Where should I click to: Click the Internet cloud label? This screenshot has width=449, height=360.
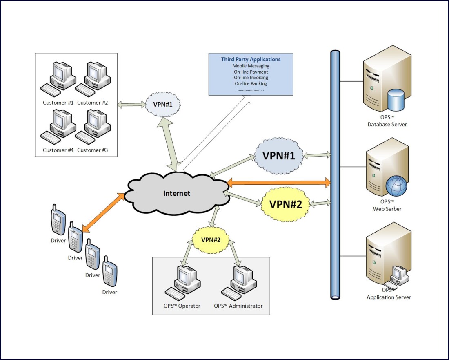177,193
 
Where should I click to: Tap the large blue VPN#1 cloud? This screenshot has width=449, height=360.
279,155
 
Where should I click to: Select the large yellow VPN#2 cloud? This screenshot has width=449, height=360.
285,204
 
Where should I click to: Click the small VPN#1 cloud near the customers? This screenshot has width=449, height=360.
163,104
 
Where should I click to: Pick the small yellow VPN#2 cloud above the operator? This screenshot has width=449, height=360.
211,240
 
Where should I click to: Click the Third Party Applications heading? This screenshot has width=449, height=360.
251,59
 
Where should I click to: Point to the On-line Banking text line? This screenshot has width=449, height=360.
251,83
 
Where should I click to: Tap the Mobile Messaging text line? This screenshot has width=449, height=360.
251,66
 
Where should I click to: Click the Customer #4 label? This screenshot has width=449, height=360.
58,150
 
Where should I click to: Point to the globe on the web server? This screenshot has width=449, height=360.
396,186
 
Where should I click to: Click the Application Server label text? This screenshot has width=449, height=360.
389,297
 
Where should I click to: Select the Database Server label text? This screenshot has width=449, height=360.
387,124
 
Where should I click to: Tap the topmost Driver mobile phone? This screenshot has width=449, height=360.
58,221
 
